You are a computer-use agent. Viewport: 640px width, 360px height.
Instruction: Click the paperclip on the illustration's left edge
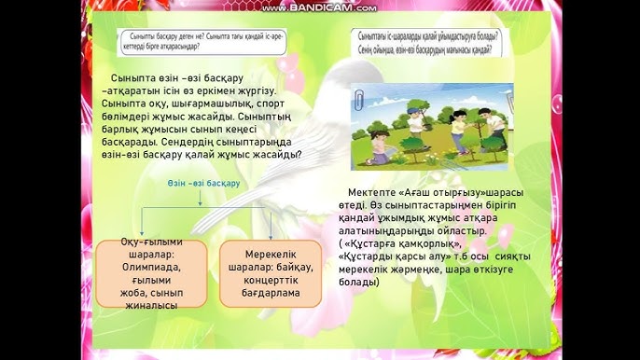tap(360, 98)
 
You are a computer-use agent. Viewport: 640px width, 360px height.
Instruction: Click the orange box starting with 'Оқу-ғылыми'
tap(138, 272)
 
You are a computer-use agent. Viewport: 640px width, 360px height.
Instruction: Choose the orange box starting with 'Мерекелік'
tap(271, 272)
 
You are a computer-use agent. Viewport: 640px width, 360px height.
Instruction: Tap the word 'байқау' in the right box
tap(292, 266)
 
